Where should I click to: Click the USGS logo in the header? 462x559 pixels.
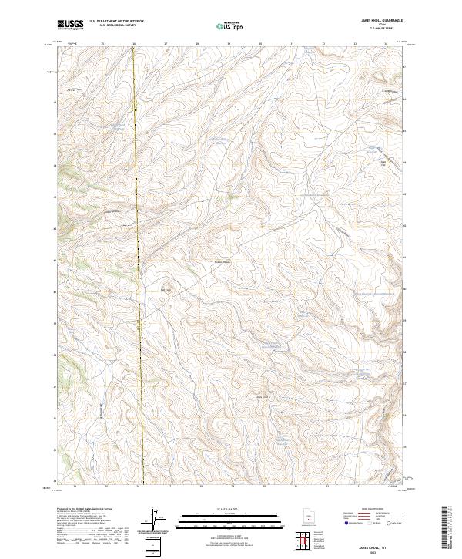pyautogui.click(x=70, y=25)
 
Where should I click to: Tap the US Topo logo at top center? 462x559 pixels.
pyautogui.click(x=225, y=25)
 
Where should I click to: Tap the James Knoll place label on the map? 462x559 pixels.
pyautogui.click(x=262, y=396)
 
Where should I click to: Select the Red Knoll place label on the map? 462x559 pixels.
pyautogui.click(x=164, y=290)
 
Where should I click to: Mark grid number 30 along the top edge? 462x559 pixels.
pyautogui.click(x=260, y=44)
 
